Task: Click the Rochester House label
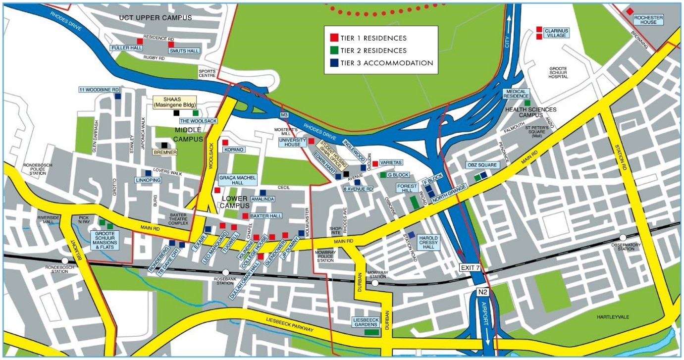point(648,20)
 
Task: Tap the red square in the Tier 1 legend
point(334,38)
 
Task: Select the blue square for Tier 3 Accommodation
point(334,63)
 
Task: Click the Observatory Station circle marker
point(623,238)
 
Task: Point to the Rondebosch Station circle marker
point(65,260)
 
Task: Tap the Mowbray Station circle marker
point(375,284)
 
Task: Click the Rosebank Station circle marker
point(226,272)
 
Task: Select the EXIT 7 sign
point(470,268)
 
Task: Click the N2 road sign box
point(483,292)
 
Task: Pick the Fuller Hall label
point(126,48)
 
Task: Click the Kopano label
point(234,149)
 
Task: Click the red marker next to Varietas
point(375,163)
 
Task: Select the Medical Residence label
point(516,93)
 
